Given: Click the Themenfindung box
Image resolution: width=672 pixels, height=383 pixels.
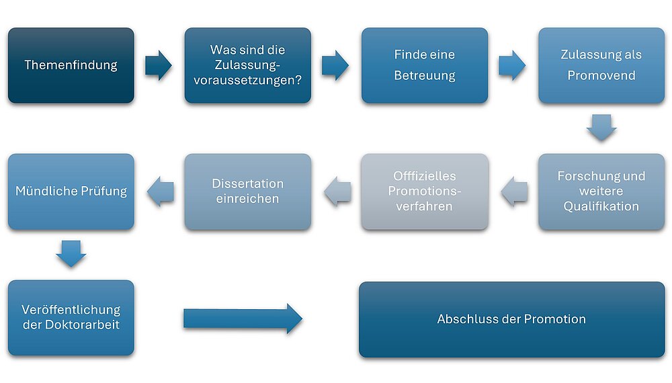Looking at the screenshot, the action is point(71,65).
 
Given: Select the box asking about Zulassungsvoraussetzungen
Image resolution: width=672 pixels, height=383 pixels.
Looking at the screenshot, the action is point(248,65).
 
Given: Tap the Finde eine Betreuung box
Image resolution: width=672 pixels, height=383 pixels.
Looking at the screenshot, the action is point(425,65).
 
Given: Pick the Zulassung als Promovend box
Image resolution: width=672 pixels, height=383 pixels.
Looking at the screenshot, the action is point(601,65).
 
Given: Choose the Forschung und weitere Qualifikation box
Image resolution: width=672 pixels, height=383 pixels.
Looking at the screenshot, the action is point(601,191).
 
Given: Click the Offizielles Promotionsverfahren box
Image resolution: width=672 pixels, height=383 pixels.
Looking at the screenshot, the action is point(425,191).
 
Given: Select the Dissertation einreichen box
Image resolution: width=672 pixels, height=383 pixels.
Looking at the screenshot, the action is point(248,191).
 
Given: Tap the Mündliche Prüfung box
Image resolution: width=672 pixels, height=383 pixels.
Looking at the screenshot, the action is point(71,191).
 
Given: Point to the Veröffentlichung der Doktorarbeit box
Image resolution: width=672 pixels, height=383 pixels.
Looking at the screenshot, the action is point(71,317).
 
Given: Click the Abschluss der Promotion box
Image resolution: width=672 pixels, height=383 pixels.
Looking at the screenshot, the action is point(511,319).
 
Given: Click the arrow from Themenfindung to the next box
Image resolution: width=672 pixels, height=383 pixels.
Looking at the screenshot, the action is point(159,65).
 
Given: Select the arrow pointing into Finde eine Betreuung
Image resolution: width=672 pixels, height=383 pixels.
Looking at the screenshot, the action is point(335,65).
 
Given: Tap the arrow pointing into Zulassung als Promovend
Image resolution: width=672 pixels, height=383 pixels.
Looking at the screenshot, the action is point(512,65).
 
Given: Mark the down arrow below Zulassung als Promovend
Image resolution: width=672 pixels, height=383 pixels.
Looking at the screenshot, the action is point(601,127).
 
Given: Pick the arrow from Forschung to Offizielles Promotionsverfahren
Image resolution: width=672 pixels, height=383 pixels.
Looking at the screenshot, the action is point(514,191).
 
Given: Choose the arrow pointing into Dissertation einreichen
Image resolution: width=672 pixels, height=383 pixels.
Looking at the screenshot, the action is point(337,191).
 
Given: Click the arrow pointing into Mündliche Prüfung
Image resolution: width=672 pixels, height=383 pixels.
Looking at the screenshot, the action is point(161,191).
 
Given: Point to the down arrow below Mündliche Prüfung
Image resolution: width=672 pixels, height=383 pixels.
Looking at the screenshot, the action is point(71,253).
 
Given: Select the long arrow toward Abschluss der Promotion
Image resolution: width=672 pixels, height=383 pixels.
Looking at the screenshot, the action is point(243,318).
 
